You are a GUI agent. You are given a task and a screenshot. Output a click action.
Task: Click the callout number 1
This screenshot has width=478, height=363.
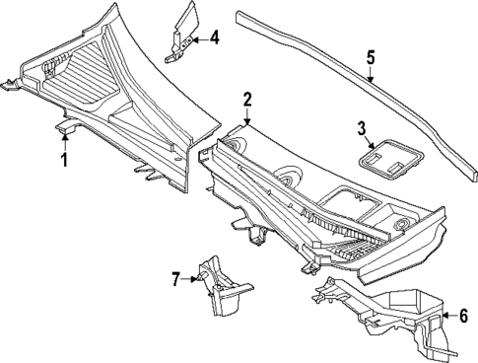coord(65,159)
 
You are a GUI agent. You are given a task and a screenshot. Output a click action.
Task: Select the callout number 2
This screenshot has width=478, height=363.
coord(247,99)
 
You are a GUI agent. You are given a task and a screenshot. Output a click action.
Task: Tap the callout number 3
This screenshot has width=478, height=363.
coord(362,128)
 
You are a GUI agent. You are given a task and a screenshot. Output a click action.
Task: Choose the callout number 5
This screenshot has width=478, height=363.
coord(371,58)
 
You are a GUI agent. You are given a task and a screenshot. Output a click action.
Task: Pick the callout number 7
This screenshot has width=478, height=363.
coord(176,279)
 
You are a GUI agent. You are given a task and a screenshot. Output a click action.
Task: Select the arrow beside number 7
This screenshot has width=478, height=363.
coord(191,279)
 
